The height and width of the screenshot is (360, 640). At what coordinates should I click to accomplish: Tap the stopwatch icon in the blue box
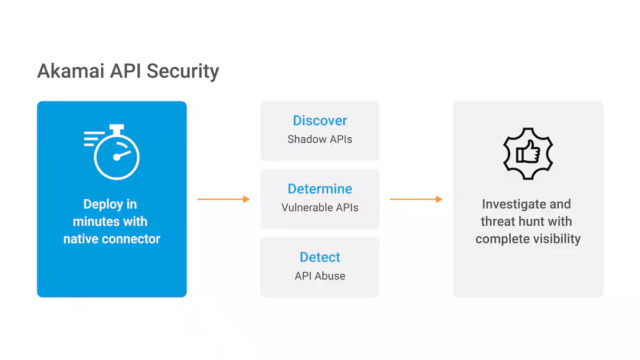pyautogui.click(x=111, y=150)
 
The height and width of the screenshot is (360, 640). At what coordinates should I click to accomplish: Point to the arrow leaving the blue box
pyautogui.click(x=223, y=199)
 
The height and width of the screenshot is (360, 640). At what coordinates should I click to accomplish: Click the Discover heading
pyautogui.click(x=320, y=120)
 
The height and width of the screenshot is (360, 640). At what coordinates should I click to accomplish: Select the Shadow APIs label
pyautogui.click(x=320, y=139)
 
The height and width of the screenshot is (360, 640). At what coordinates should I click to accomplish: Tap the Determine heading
pyautogui.click(x=320, y=188)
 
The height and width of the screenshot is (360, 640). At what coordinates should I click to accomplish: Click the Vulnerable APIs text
pyautogui.click(x=320, y=207)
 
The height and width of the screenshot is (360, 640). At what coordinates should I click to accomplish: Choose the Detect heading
pyautogui.click(x=320, y=257)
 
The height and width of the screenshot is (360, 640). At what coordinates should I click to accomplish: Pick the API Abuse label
pyautogui.click(x=320, y=276)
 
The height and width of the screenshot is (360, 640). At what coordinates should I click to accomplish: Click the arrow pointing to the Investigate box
pyautogui.click(x=416, y=199)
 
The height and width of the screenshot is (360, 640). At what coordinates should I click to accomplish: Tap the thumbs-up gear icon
pyautogui.click(x=528, y=151)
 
